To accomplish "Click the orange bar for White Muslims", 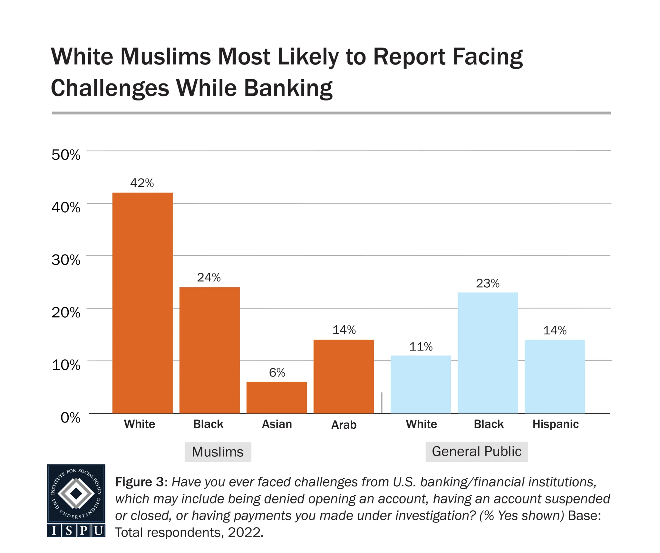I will coord(142,303).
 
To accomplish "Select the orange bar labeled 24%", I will coord(209,350).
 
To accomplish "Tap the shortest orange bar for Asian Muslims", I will coord(277,397).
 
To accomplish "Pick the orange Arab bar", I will coord(344,376).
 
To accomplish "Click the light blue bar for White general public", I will coord(421,384).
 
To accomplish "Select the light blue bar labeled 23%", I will coord(488,353).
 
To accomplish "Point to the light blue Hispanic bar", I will coord(555,376).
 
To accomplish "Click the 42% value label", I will coord(142,183).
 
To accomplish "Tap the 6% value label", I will coord(277,373).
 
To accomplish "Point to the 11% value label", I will coord(421,347).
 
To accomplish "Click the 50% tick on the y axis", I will coord(66,155).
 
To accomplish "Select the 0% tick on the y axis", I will coord(71,418).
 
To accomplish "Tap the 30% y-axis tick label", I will coord(66,260).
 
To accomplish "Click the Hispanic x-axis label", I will coord(556,424).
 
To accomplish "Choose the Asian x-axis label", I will coord(277,424).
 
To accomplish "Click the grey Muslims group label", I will coord(218,452).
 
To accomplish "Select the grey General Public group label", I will coord(477,452).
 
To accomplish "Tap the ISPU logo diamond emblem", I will coord(76,493).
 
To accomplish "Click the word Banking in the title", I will coord(288,88).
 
